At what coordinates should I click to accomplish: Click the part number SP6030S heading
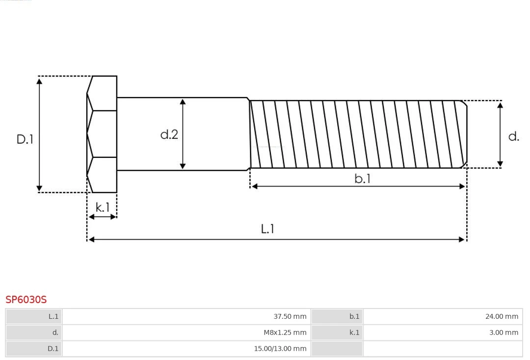pyautogui.click(x=26, y=299)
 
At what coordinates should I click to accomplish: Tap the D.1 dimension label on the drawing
pyautogui.click(x=25, y=139)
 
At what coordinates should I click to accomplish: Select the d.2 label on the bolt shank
pyautogui.click(x=169, y=134)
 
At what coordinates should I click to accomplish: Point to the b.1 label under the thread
pyautogui.click(x=363, y=179)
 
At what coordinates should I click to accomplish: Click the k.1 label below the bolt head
pyautogui.click(x=103, y=207)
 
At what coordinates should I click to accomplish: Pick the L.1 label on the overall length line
pyautogui.click(x=267, y=229)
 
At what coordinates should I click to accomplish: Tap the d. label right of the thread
pyautogui.click(x=513, y=136)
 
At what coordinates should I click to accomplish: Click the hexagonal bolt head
pyautogui.click(x=102, y=134)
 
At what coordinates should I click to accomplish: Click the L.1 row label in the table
pyautogui.click(x=53, y=316)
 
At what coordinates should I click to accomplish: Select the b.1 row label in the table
pyautogui.click(x=354, y=316)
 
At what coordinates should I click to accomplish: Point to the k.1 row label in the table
pyautogui.click(x=354, y=333)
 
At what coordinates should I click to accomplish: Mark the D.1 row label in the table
pyautogui.click(x=53, y=349)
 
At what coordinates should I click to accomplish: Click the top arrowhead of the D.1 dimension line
pyautogui.click(x=39, y=80)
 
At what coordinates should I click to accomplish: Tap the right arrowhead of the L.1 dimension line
pyautogui.click(x=462, y=239)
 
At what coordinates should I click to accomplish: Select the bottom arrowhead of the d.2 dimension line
pyautogui.click(x=183, y=166)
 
